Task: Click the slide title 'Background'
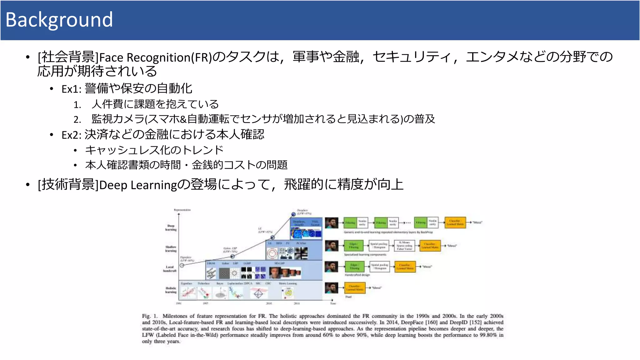[59, 20]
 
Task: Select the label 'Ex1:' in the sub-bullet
[71, 89]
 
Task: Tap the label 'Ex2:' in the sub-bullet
[71, 135]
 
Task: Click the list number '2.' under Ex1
[77, 119]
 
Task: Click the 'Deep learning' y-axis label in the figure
[171, 227]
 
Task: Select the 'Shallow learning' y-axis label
[171, 249]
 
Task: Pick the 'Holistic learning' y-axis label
[171, 290]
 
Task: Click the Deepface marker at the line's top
[293, 214]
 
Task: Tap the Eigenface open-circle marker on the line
[182, 265]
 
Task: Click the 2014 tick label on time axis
[297, 303]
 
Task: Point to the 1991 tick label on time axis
[178, 303]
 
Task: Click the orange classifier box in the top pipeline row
[455, 222]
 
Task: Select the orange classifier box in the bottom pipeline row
[354, 288]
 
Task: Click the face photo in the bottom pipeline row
[332, 288]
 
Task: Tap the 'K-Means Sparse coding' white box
[404, 246]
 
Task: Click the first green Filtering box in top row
[350, 222]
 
